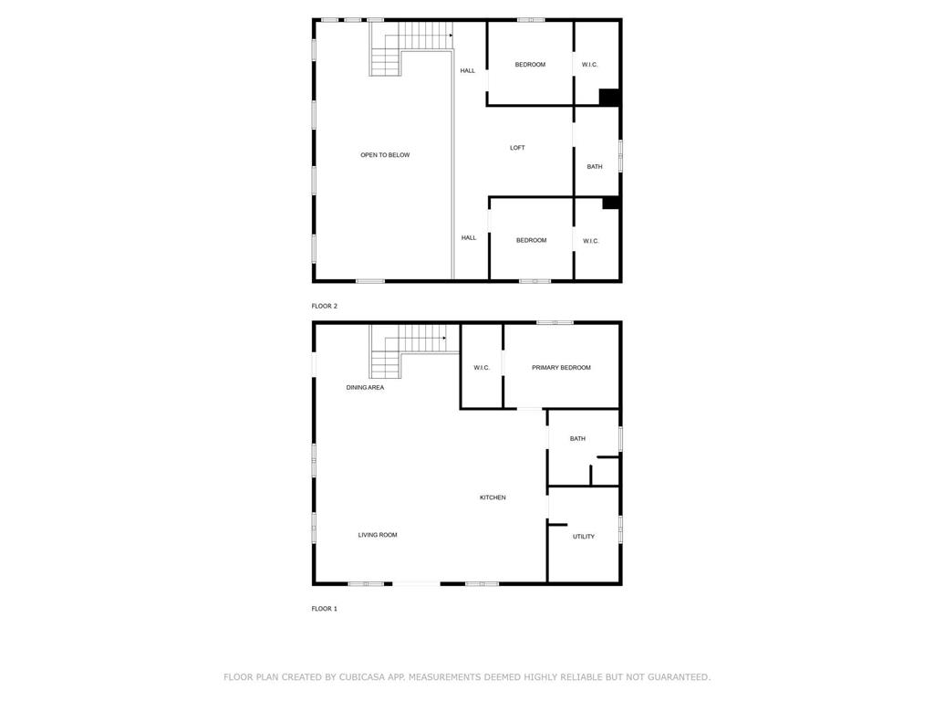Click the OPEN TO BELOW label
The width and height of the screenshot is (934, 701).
click(x=385, y=155)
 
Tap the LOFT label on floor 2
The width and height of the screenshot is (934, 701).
click(x=517, y=148)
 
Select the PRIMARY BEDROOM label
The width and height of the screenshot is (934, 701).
click(x=561, y=368)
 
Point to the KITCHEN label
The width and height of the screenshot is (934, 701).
click(x=493, y=497)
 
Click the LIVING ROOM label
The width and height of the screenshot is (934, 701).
click(x=378, y=535)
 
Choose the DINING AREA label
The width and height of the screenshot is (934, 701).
click(x=365, y=387)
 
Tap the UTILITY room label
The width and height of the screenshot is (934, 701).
click(x=584, y=537)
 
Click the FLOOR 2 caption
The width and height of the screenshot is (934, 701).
click(x=324, y=306)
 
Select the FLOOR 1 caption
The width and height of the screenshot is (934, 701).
click(x=324, y=609)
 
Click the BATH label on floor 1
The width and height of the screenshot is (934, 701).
click(x=577, y=439)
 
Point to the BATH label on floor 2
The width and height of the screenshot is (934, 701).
click(x=595, y=167)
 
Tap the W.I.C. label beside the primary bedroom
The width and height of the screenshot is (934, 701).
click(x=482, y=368)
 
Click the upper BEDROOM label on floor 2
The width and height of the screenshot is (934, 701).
click(x=530, y=65)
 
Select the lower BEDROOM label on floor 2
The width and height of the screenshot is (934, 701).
click(x=532, y=240)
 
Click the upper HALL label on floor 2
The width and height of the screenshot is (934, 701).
click(x=468, y=70)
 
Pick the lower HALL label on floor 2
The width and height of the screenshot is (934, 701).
click(x=469, y=238)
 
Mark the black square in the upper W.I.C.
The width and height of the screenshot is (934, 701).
click(x=608, y=97)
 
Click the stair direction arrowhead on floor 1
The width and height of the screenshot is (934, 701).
click(x=444, y=338)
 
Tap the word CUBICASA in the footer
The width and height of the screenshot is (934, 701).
click(x=362, y=677)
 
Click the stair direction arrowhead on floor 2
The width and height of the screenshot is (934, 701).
click(x=451, y=36)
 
